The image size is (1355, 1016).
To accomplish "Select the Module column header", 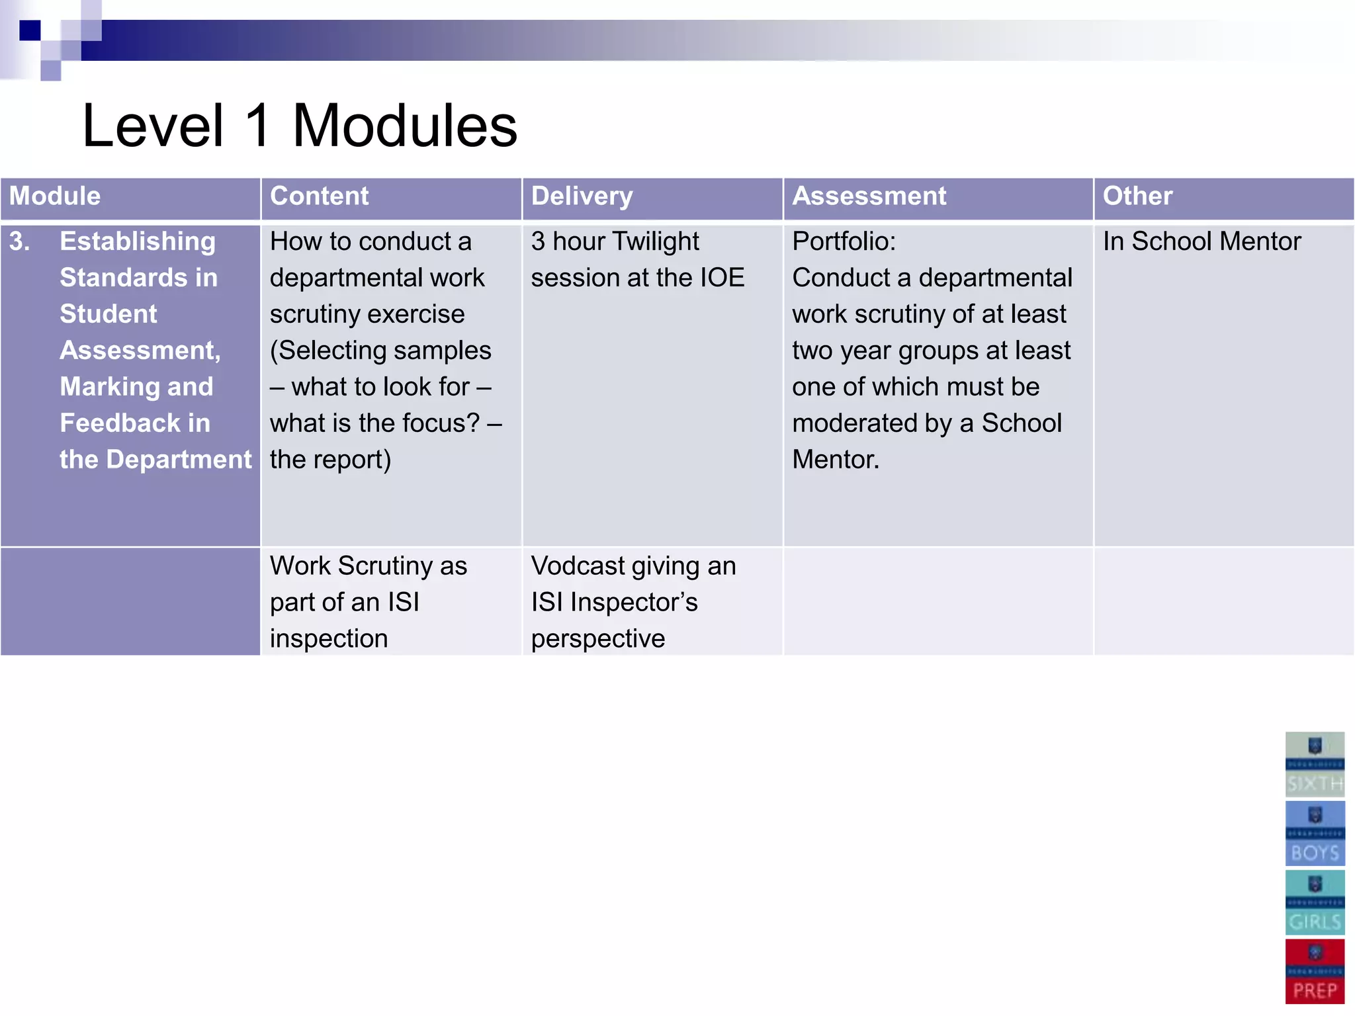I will [x=55, y=196].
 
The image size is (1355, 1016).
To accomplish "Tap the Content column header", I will [x=319, y=196].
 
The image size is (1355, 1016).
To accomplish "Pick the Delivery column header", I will [x=582, y=196].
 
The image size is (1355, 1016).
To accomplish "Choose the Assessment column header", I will [x=869, y=196].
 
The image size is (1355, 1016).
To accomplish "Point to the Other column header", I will [x=1137, y=196].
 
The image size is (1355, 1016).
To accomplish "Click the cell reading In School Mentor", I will [x=1201, y=241].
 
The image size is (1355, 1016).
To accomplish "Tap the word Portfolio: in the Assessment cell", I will [x=844, y=241].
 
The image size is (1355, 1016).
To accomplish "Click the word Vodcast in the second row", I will [x=578, y=566].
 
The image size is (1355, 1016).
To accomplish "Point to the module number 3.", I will [x=20, y=241].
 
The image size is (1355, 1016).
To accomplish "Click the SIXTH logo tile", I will [x=1315, y=764].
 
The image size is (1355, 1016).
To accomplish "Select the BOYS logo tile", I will [x=1315, y=833].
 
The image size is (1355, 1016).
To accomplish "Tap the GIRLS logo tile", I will [x=1315, y=902].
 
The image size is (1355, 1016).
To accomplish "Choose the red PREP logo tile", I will [x=1315, y=971].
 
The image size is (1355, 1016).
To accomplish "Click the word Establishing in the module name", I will [x=138, y=241].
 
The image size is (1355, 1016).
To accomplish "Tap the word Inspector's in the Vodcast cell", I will [x=633, y=603].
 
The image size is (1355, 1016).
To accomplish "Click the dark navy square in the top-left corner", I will [x=30, y=30].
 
